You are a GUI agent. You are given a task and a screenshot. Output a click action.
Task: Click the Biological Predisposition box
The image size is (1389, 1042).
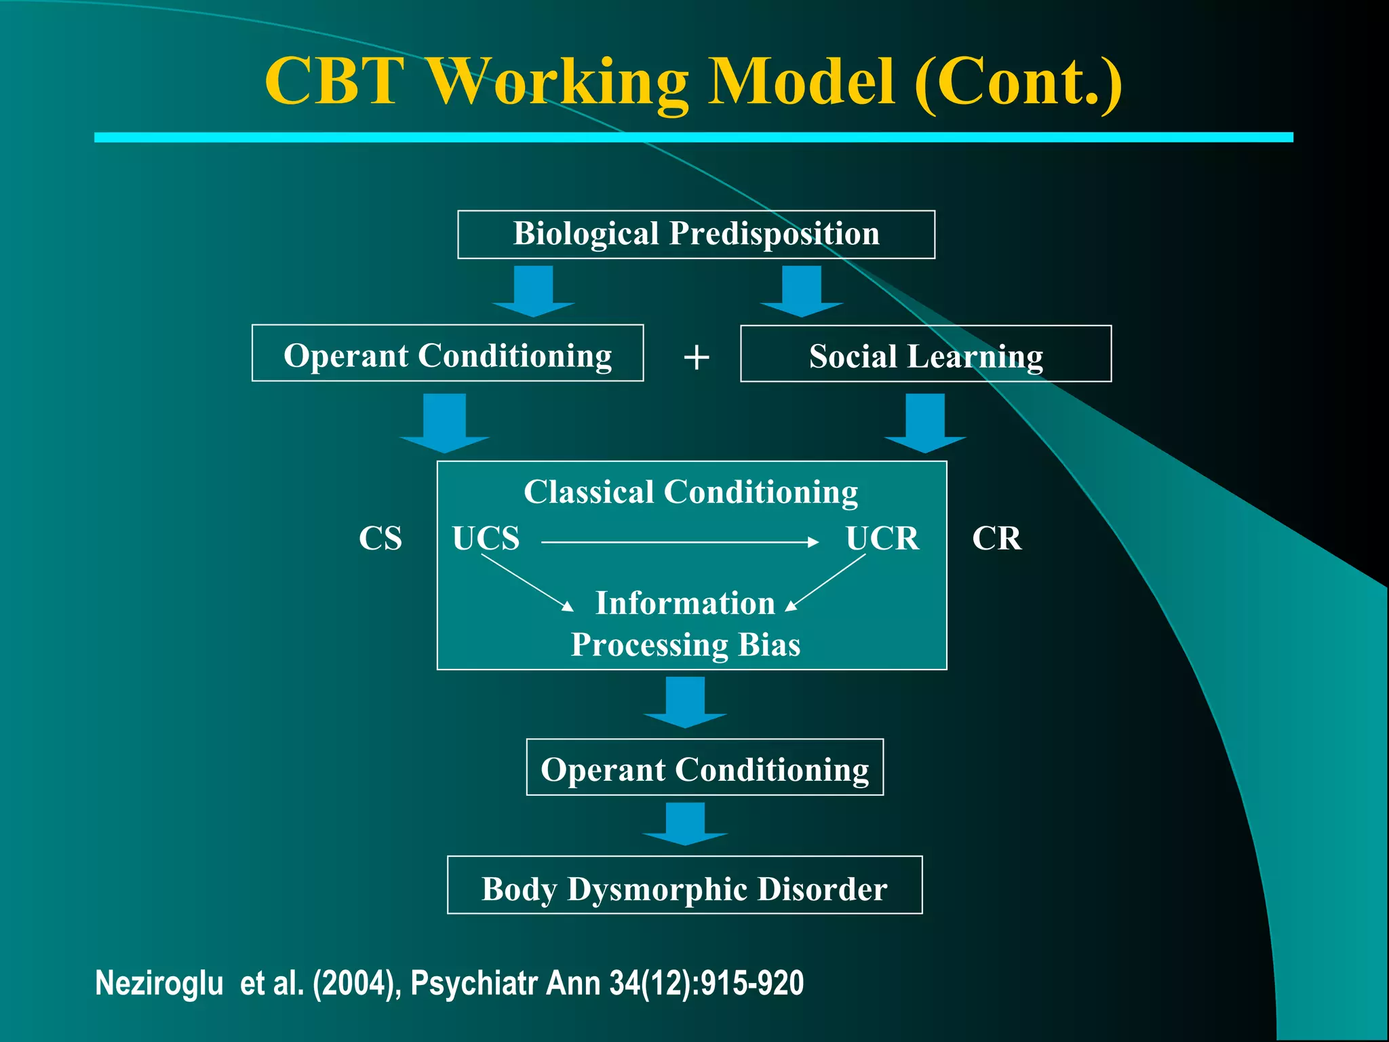(x=696, y=234)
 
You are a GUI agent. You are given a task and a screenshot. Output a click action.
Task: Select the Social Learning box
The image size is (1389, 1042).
(x=925, y=354)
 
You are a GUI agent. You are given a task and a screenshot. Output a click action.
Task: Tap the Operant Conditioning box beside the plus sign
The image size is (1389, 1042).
(x=447, y=353)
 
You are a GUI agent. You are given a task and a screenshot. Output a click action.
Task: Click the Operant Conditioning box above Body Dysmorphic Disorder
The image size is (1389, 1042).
(x=705, y=767)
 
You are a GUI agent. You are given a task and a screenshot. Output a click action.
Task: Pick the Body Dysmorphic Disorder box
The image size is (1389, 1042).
(x=684, y=885)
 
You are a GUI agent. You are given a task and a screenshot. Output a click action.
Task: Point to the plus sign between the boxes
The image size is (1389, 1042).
(x=696, y=358)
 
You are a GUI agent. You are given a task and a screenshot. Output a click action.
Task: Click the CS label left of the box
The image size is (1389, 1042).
(x=380, y=539)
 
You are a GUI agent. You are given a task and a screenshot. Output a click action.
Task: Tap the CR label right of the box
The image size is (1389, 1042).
(x=996, y=539)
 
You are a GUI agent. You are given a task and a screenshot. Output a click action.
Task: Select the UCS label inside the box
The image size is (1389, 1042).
(x=486, y=539)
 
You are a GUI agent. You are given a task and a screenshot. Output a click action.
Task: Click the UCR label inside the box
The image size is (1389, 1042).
(x=882, y=539)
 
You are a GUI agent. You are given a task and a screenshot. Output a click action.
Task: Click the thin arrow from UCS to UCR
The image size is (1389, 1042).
(x=678, y=542)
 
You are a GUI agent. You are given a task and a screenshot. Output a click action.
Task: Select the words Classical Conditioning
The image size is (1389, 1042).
(x=690, y=492)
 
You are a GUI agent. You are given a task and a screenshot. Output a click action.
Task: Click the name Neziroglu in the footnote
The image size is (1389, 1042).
(x=159, y=983)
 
